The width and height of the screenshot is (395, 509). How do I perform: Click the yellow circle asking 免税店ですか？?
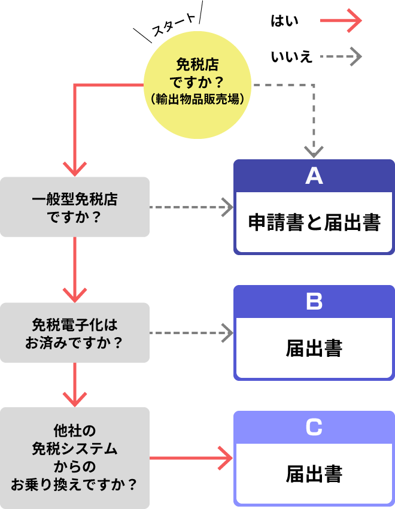(x=197, y=84)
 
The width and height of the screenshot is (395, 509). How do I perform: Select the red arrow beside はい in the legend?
(x=341, y=21)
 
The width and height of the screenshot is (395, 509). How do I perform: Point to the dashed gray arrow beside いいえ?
(x=341, y=57)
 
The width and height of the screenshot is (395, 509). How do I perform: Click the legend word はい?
(x=284, y=22)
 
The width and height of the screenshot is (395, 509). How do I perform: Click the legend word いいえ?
(x=291, y=57)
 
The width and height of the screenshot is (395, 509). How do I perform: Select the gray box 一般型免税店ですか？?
(x=75, y=207)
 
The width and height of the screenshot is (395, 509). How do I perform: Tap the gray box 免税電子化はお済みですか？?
(x=75, y=333)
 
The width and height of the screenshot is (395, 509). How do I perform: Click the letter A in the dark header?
(x=314, y=176)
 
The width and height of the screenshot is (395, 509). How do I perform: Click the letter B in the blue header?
(x=314, y=302)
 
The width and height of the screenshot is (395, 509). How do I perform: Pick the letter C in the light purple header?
(x=314, y=428)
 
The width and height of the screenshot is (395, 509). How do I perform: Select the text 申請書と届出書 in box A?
(x=314, y=223)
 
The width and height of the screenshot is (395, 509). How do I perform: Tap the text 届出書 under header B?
(x=314, y=349)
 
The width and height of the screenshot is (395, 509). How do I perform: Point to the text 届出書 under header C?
(x=314, y=474)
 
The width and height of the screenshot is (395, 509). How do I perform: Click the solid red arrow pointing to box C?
(x=192, y=459)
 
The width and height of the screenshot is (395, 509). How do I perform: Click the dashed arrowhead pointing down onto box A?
(x=314, y=150)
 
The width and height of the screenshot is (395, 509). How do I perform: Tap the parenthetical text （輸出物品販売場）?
(x=197, y=99)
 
